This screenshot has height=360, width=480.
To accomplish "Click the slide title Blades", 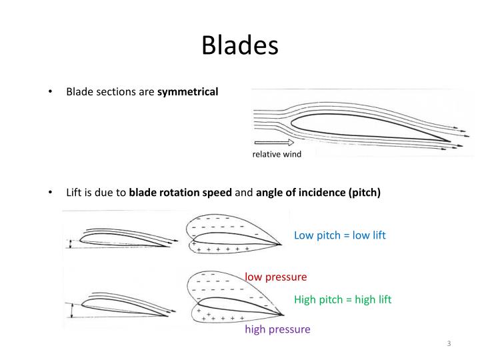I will (239, 45).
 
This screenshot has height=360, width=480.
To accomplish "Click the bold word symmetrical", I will (187, 91).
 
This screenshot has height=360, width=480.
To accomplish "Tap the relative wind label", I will (277, 155).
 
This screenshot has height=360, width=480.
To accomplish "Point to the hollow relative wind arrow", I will (274, 142).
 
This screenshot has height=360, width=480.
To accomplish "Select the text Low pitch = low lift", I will (340, 235).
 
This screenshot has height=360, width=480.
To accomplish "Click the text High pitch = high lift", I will (343, 299).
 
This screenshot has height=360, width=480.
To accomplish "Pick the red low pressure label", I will (275, 276).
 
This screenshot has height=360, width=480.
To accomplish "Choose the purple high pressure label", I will (277, 329).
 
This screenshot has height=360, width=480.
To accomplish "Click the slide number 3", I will (449, 343).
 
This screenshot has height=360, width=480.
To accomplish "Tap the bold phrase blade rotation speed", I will (180, 193).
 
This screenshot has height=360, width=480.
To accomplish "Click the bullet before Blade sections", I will (52, 91).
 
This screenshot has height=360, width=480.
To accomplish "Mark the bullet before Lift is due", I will (52, 193).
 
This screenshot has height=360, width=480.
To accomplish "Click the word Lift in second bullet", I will (74, 193).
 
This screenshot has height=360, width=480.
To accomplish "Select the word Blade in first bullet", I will (79, 91).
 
